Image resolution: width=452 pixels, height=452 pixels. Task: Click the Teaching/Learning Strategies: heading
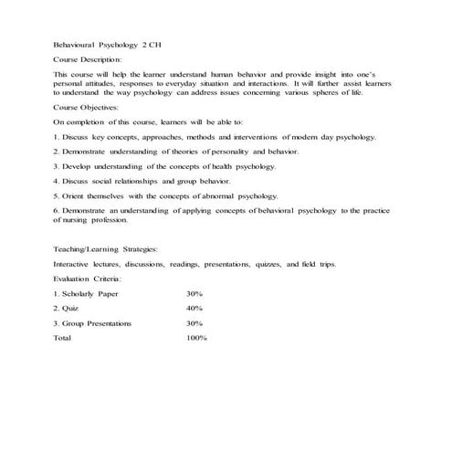coord(105,248)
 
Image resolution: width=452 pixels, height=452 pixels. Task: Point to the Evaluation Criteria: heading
coord(88,279)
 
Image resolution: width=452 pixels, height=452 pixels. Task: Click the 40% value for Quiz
coord(194,309)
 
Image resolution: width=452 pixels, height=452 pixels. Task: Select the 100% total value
coord(196,338)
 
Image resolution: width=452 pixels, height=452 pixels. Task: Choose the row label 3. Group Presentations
coord(92,323)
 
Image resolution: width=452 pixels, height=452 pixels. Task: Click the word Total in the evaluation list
coord(62,338)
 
